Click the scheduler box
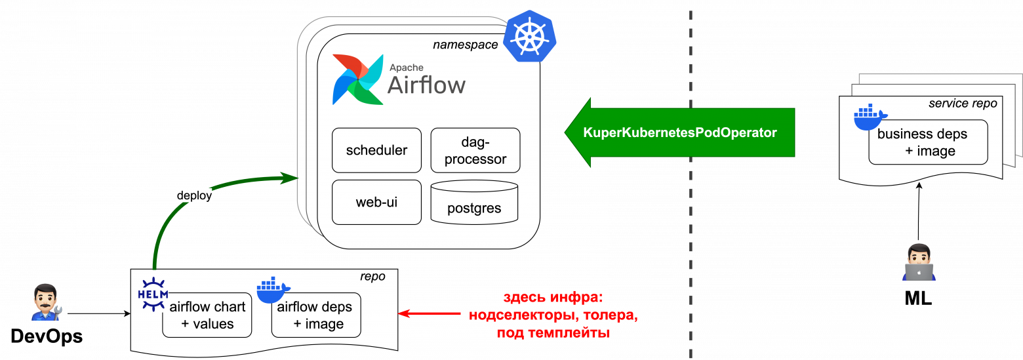tap(376, 150)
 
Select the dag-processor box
tap(475, 150)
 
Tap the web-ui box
tap(376, 202)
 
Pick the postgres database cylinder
tap(474, 203)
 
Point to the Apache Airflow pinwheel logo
tap(357, 79)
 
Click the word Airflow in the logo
tap(427, 85)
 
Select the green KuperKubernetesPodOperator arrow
tap(679, 132)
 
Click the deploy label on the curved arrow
tap(194, 195)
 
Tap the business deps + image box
tap(928, 142)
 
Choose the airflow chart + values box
tap(207, 315)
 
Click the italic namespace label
tap(465, 45)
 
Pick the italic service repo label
tap(962, 104)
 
